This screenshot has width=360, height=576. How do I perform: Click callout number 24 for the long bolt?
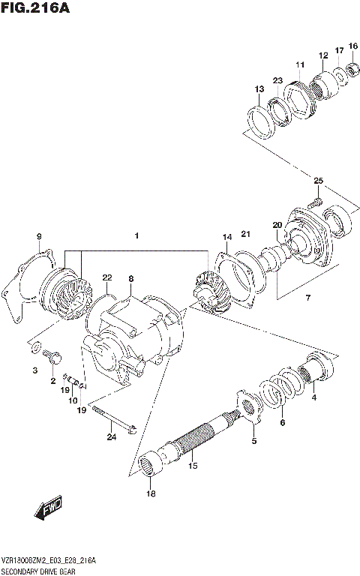tap(111, 437)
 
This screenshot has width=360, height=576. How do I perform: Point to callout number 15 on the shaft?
tap(193, 466)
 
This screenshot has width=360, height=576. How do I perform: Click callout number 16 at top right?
tap(352, 46)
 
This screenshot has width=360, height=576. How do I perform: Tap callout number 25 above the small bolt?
tap(318, 181)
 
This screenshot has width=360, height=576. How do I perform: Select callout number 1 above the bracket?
tap(137, 237)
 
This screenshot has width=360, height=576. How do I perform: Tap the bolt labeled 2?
tap(53, 360)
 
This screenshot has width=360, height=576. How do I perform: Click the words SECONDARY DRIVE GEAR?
tap(38, 570)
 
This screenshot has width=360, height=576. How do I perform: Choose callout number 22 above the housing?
tap(107, 277)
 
